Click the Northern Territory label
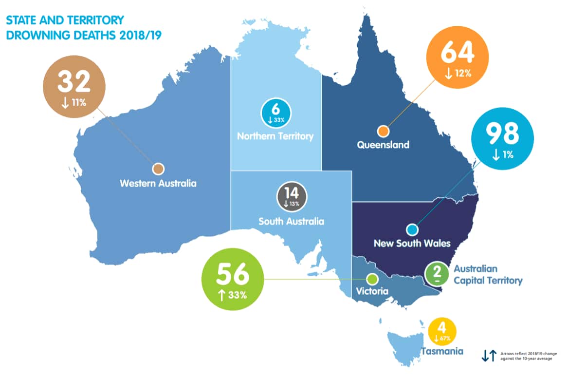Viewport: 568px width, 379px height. pyautogui.click(x=275, y=136)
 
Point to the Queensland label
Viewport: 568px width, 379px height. pyautogui.click(x=383, y=145)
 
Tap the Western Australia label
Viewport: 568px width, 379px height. pyautogui.click(x=158, y=184)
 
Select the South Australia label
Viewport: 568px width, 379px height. pyautogui.click(x=291, y=222)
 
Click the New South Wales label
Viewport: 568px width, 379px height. pyautogui.click(x=412, y=243)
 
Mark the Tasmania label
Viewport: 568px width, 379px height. pyautogui.click(x=442, y=351)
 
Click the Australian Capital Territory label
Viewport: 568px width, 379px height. pyautogui.click(x=488, y=275)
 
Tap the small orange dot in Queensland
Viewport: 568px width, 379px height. pyautogui.click(x=384, y=131)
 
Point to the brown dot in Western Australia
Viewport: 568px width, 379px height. pyautogui.click(x=158, y=169)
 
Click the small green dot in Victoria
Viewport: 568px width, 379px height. pyautogui.click(x=372, y=279)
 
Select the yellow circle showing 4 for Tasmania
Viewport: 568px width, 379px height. pyautogui.click(x=442, y=331)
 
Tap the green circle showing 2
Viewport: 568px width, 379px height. pyautogui.click(x=437, y=274)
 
